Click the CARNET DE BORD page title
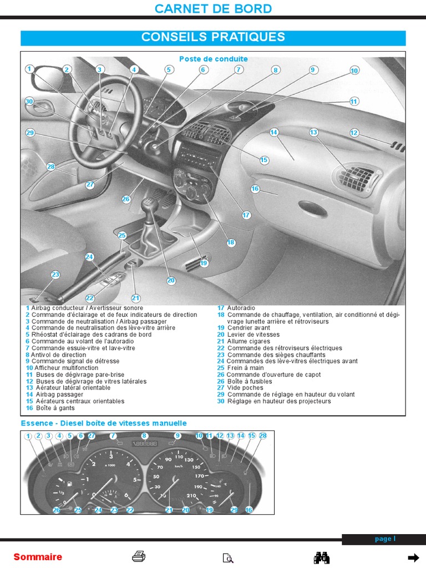point(213,9)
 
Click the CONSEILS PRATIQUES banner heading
point(213,37)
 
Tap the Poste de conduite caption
point(214,59)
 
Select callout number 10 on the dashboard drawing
point(354,70)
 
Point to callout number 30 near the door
point(29,102)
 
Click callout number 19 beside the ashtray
point(204,263)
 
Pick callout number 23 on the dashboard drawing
point(55,275)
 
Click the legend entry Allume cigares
point(245,342)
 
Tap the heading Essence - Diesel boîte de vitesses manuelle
point(104,423)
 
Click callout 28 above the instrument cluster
point(263,436)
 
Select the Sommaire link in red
point(38,557)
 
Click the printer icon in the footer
point(139,557)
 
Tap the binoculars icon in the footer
point(322,557)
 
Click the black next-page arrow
point(413,557)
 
